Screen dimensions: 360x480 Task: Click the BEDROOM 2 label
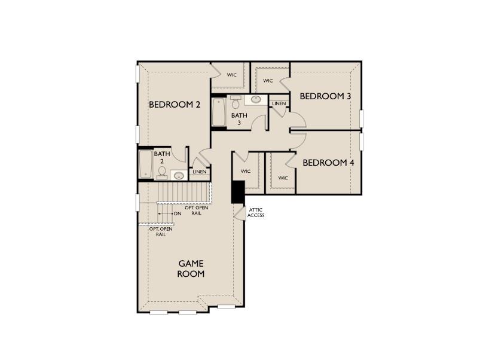click(175, 105)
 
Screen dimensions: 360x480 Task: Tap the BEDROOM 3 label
click(325, 96)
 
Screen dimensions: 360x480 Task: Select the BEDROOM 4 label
click(328, 163)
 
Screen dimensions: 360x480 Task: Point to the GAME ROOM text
click(191, 269)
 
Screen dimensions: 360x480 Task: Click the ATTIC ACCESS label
click(256, 212)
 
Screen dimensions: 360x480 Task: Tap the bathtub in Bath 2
click(145, 164)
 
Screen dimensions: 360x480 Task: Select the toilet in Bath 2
click(162, 172)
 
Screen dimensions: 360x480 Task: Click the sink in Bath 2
click(178, 175)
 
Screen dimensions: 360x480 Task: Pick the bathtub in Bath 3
click(219, 112)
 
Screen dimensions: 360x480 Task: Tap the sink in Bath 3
click(255, 99)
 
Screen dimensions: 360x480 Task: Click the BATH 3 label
click(239, 119)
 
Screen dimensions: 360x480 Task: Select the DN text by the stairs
click(178, 213)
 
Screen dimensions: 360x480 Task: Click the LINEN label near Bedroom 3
click(279, 104)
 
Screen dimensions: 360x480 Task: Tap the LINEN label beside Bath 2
click(200, 172)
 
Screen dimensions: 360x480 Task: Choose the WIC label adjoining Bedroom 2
click(232, 75)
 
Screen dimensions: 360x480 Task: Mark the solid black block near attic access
click(237, 191)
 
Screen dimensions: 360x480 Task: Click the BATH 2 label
click(161, 157)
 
